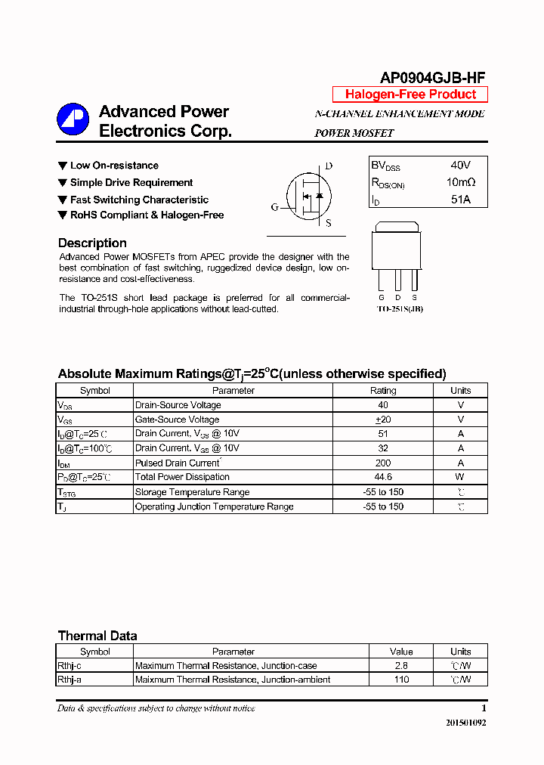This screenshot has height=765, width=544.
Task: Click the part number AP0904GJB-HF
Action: pyautogui.click(x=432, y=77)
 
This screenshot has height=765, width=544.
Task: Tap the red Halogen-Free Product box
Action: pyautogui.click(x=410, y=94)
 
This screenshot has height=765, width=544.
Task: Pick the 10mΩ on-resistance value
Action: pyautogui.click(x=460, y=182)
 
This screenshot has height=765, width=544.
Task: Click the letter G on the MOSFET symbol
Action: pyautogui.click(x=275, y=207)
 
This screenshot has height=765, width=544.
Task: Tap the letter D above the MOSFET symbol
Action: pyautogui.click(x=329, y=166)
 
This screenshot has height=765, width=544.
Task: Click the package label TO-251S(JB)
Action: pyautogui.click(x=399, y=309)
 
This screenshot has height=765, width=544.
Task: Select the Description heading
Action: pyautogui.click(x=92, y=243)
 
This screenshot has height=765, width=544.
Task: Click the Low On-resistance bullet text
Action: pyautogui.click(x=114, y=166)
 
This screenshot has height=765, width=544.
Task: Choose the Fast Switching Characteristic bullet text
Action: pyautogui.click(x=139, y=200)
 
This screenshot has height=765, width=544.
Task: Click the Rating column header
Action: pyautogui.click(x=383, y=391)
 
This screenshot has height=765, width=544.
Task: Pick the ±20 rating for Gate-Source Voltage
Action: pyautogui.click(x=383, y=420)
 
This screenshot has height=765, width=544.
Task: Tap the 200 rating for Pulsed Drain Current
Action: pyautogui.click(x=383, y=463)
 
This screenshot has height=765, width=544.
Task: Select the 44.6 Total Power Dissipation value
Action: pyautogui.click(x=383, y=477)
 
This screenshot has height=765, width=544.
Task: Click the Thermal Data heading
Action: pyautogui.click(x=97, y=636)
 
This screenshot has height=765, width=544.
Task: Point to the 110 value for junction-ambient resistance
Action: pyautogui.click(x=401, y=680)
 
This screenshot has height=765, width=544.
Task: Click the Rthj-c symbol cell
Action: pyautogui.click(x=70, y=666)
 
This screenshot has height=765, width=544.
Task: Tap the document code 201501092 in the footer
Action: pyautogui.click(x=465, y=723)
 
